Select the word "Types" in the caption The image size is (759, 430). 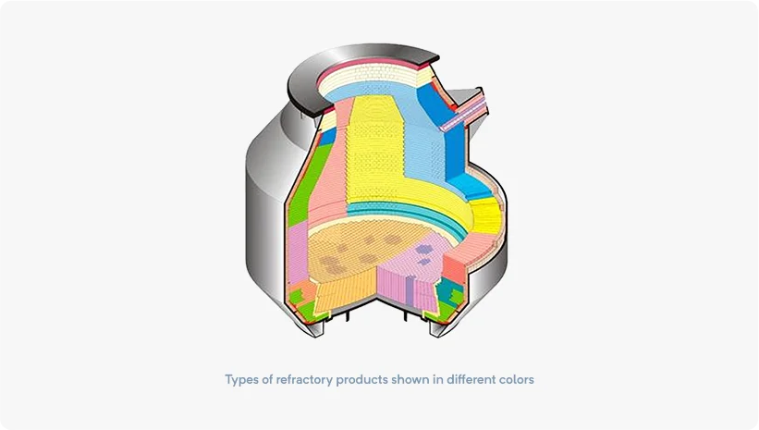click(x=241, y=380)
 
